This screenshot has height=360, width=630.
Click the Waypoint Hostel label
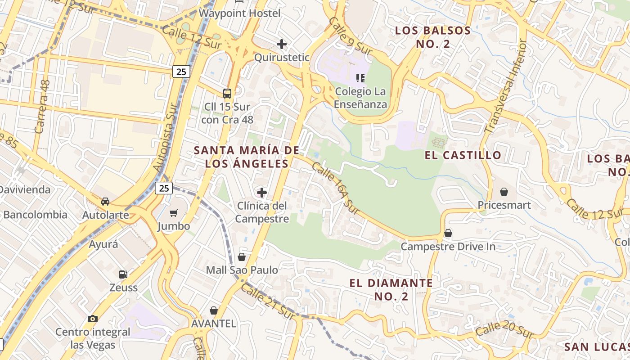[x=239, y=13]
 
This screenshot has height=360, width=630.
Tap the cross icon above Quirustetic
[x=282, y=44]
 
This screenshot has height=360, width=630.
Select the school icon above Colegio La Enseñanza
[x=360, y=78]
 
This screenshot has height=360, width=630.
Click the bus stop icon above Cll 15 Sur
[x=227, y=94]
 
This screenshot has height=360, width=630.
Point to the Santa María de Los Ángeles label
[x=247, y=157]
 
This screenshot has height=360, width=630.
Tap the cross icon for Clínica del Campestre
[x=261, y=193]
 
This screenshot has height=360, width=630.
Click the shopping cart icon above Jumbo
[x=174, y=213]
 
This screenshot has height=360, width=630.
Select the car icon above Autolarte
[x=105, y=202]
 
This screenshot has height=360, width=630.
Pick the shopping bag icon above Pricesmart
[x=504, y=192]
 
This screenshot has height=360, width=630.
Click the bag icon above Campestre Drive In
[x=448, y=233]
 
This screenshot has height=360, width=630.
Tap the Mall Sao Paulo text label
[x=242, y=270]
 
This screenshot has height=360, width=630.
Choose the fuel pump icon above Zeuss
[x=123, y=274]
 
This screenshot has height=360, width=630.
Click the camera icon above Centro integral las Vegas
[x=93, y=319]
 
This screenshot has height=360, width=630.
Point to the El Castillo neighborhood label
[x=463, y=155]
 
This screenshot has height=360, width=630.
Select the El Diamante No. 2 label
[x=391, y=289]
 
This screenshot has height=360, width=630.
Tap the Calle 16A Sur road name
[x=335, y=188]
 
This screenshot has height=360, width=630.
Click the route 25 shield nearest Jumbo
[x=164, y=188]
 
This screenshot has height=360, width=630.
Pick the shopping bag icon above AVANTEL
[x=214, y=310]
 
